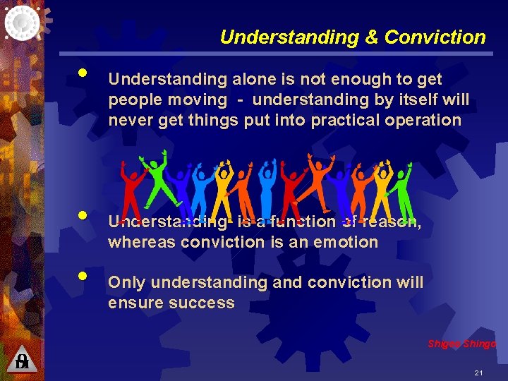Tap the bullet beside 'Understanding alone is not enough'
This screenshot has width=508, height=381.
tap(83, 73)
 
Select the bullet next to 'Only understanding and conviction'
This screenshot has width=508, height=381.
tap(83, 276)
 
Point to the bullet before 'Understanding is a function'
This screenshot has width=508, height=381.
tap(83, 214)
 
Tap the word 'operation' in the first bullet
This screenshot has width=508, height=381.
tap(423, 120)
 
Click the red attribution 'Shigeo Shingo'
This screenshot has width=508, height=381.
tap(462, 344)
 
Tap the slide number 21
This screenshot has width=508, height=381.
tap(478, 372)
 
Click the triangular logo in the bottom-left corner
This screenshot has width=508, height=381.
tap(22, 360)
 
